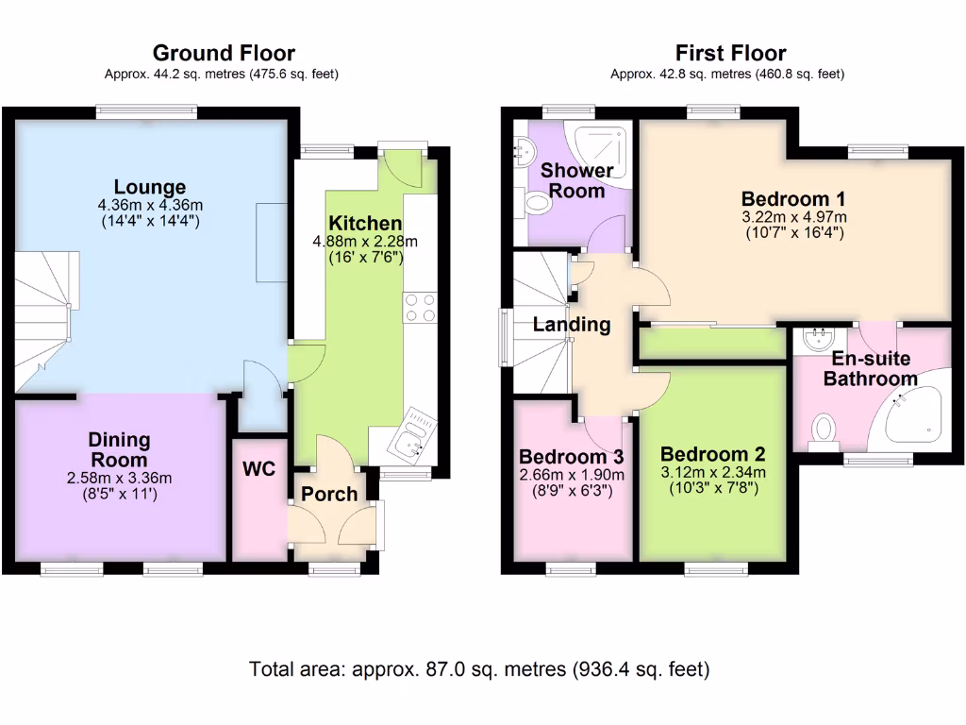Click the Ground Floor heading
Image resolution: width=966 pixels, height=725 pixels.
pos(224,53)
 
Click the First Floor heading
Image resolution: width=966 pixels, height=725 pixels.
pos(730,53)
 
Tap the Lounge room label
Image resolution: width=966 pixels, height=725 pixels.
pos(150,187)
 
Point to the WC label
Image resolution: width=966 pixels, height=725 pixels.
pos(258,468)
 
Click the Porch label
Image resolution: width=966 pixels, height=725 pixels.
pos(329,494)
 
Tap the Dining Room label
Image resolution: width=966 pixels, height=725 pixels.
pos(119,449)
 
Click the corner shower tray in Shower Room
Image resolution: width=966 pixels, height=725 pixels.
pos(602,152)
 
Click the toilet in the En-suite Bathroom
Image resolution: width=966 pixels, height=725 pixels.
pos(824,430)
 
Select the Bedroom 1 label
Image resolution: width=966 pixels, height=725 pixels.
pos(792,199)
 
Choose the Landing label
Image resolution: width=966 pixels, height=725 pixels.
pos(572,325)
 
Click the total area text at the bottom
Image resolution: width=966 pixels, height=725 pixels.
pos(479,669)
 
